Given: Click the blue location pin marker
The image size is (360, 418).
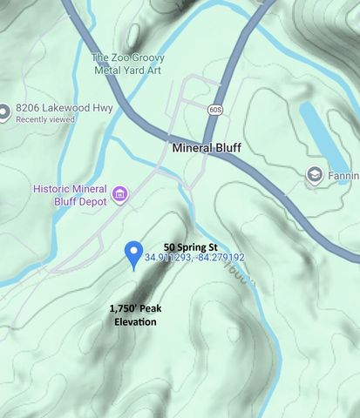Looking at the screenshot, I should tap(133, 253).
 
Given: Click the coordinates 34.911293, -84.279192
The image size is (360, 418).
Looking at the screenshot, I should tap(194, 258).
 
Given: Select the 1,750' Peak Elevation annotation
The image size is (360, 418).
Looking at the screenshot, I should tap(135, 315).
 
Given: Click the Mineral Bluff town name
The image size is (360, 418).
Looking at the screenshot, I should tap(207, 148).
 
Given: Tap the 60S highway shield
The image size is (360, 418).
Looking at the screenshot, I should tap(215, 110).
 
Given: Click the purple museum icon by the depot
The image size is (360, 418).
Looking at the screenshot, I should tap(119, 192).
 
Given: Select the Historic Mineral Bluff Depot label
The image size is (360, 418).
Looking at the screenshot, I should tap(69, 195).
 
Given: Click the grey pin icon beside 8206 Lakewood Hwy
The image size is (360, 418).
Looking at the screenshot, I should tap(4, 111).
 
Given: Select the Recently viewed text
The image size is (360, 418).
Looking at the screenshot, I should tap(44, 119).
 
